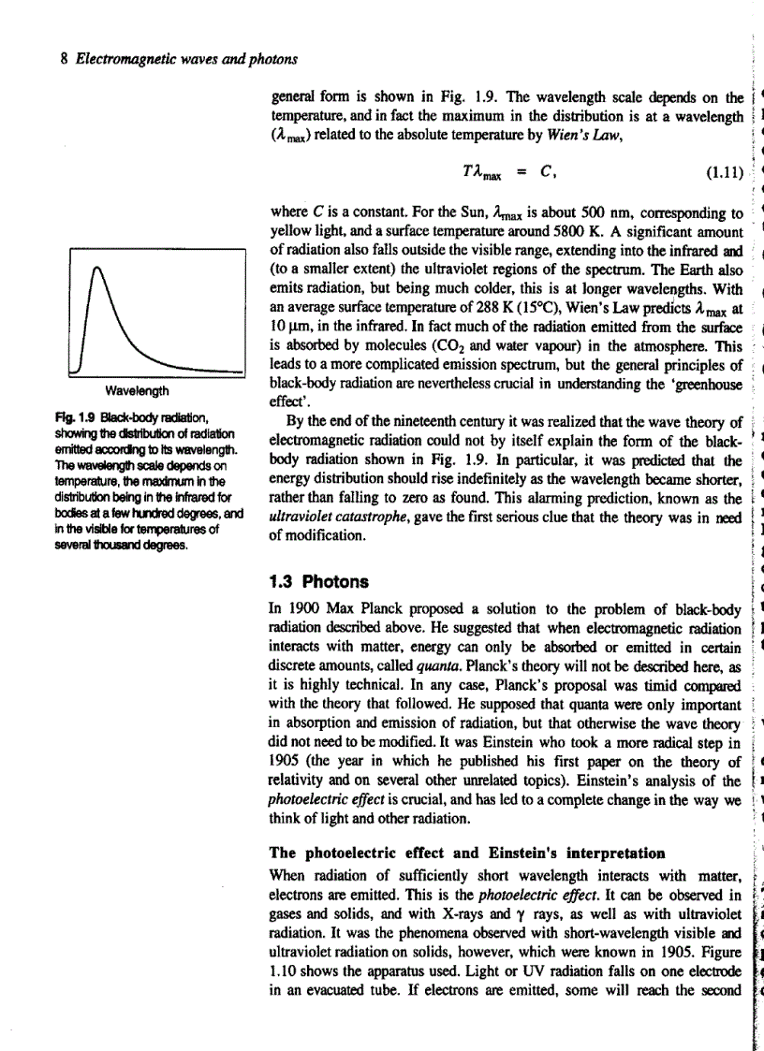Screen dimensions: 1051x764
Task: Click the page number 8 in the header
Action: pos(64,60)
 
